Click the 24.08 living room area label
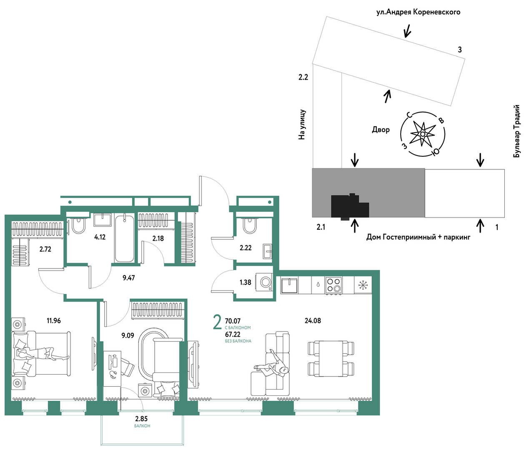(313, 320)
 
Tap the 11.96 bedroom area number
(53, 320)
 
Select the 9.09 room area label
(128, 335)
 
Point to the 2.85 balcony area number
(142, 419)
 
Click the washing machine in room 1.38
(266, 282)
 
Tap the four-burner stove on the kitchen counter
(333, 285)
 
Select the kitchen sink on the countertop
(289, 285)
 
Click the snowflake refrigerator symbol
(363, 285)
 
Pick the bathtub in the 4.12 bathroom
(124, 239)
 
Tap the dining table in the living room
(331, 359)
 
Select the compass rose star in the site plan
(423, 134)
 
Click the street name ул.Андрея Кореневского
(418, 12)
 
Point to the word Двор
(381, 130)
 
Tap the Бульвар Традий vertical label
(517, 131)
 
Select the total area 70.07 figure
(233, 321)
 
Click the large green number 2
(217, 323)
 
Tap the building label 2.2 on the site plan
(303, 77)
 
